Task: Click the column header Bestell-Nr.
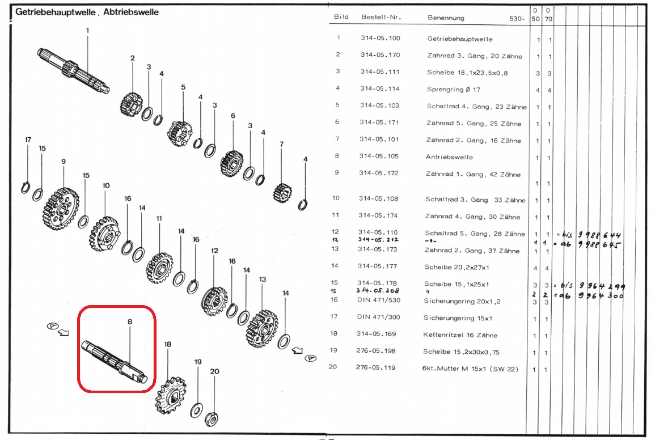(381, 18)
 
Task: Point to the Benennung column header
(446, 18)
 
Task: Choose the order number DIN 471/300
(379, 318)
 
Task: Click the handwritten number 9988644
(598, 235)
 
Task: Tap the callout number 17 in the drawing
(28, 139)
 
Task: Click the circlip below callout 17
(26, 187)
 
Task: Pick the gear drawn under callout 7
(282, 190)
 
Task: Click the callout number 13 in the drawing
(263, 280)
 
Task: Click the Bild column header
(341, 17)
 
